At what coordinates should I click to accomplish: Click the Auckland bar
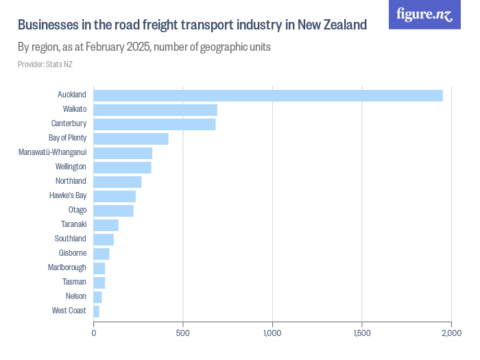(267, 95)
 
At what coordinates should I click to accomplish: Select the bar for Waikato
(155, 110)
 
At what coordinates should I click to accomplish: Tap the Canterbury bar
(154, 124)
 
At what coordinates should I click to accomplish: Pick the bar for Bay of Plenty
(130, 139)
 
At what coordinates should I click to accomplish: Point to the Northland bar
(117, 182)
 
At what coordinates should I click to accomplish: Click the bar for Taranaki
(106, 225)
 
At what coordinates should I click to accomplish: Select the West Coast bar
(96, 311)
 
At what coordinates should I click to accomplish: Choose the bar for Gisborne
(101, 254)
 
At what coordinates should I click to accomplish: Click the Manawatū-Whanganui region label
(52, 152)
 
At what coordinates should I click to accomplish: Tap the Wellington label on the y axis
(71, 167)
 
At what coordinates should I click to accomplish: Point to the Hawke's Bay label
(68, 195)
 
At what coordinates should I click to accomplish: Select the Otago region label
(77, 210)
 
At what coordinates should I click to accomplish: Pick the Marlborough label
(67, 267)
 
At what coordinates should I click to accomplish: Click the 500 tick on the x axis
(183, 333)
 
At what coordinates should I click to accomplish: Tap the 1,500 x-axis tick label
(362, 333)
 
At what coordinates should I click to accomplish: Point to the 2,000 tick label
(451, 333)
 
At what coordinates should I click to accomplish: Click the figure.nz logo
(424, 14)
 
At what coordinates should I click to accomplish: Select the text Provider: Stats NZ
(45, 64)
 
